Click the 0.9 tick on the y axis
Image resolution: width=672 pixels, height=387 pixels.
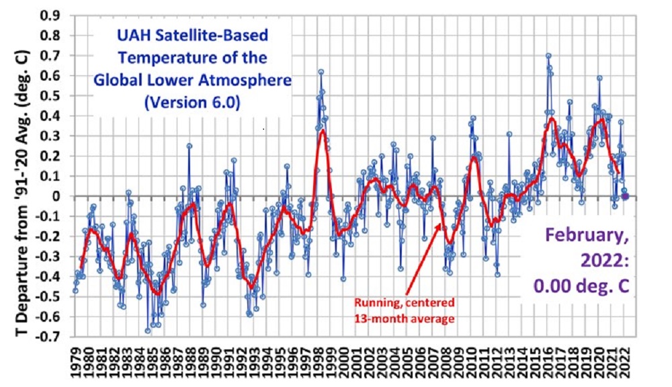(54, 15)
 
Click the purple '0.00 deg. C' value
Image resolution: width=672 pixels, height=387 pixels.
(582, 285)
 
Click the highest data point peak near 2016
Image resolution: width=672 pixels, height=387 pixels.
(548, 56)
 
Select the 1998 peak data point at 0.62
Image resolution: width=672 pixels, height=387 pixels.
(321, 72)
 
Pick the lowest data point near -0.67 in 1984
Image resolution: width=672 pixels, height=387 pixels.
(148, 331)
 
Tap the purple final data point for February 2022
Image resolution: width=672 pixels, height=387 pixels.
(626, 196)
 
